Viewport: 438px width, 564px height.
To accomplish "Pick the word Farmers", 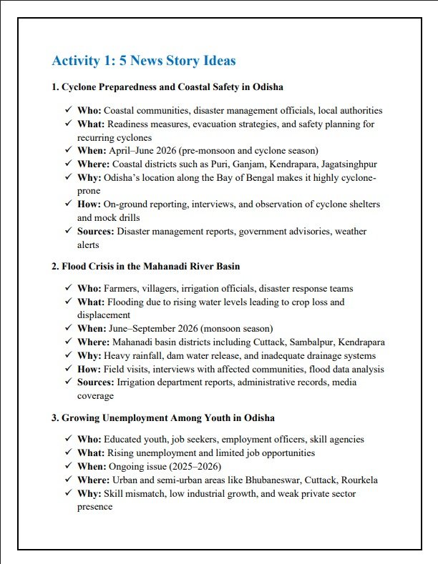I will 122,289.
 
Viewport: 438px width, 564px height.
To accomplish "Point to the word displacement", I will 104,315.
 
